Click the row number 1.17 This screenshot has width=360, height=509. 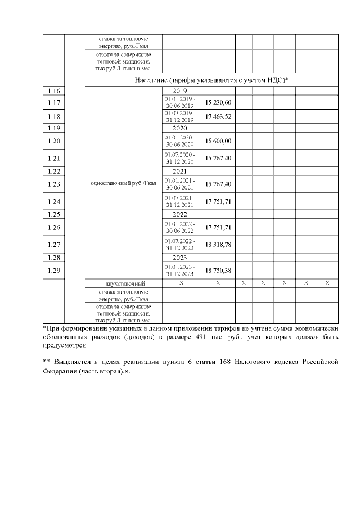click(x=54, y=102)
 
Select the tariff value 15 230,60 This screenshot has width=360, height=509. click(x=218, y=102)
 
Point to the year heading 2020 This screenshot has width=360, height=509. click(x=180, y=128)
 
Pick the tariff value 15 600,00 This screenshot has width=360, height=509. click(x=218, y=141)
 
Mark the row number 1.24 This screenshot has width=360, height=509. click(x=54, y=201)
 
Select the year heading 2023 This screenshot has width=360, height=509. click(x=180, y=258)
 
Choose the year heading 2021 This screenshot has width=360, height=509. click(x=180, y=171)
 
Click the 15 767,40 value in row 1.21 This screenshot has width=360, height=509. click(x=218, y=157)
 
